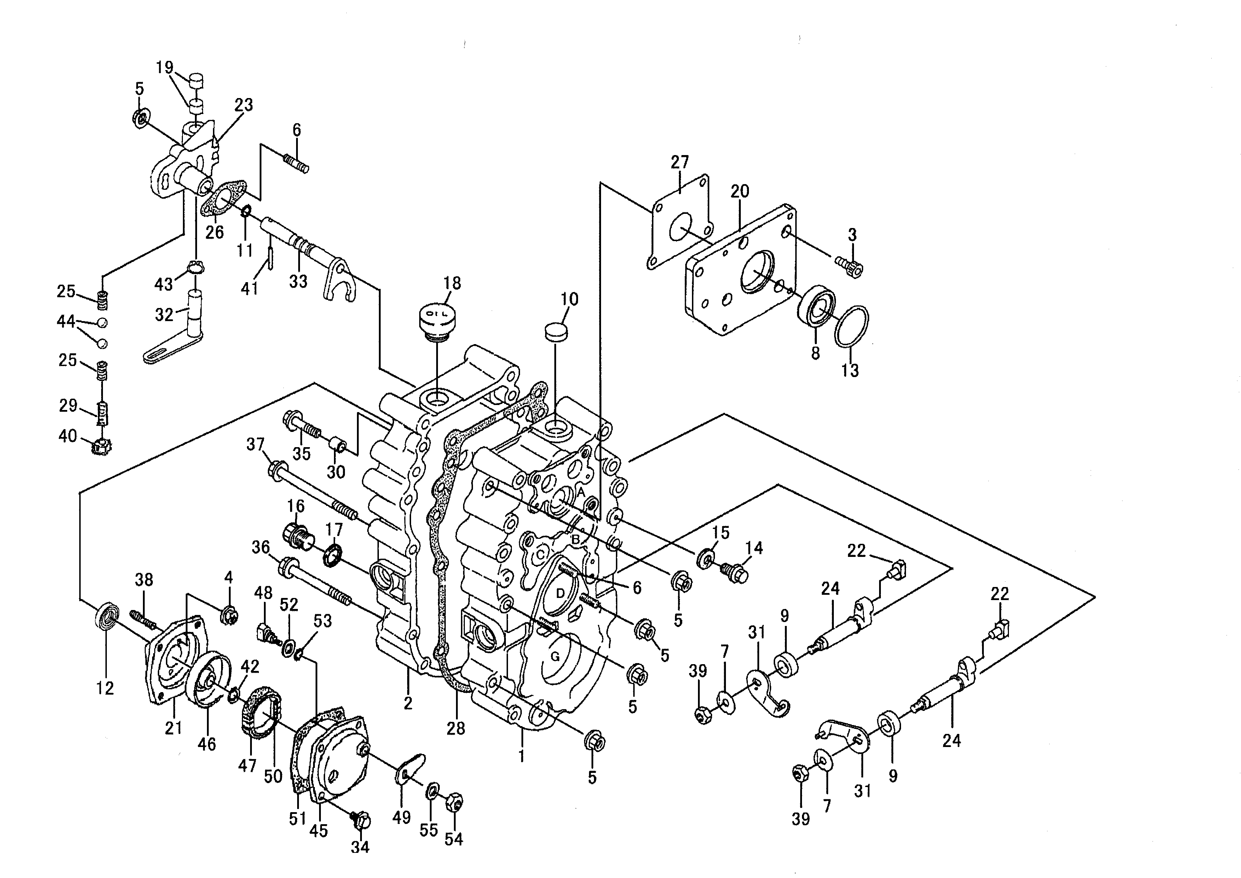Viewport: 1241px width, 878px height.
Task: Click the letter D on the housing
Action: [x=560, y=593]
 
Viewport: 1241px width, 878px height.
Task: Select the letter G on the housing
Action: [x=555, y=657]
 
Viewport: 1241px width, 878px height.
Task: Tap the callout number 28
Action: [x=456, y=728]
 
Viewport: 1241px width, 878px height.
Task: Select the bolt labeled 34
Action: [x=360, y=821]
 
